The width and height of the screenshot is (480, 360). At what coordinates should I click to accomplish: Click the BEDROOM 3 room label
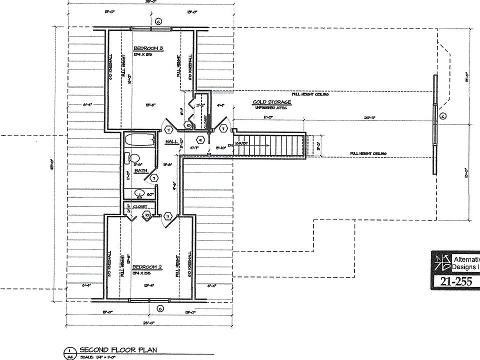pos(148,48)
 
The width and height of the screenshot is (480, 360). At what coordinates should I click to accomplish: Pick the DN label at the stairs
pos(231,145)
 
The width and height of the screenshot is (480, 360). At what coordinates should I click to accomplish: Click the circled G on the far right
pos(442,116)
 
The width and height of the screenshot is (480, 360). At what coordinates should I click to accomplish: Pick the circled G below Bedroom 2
pos(159,307)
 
